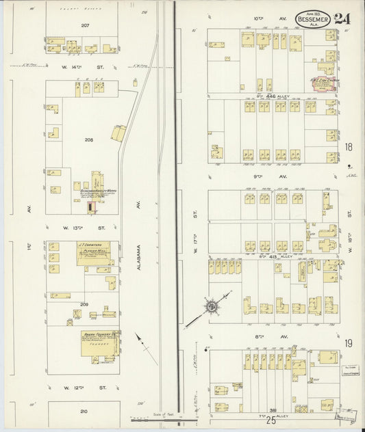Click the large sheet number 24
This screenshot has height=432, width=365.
342,18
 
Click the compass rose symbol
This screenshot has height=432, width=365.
212,306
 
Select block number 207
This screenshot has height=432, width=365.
85,25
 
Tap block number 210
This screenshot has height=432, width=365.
84,411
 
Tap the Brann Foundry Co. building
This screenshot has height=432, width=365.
97,345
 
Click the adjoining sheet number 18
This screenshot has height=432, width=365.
349,147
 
